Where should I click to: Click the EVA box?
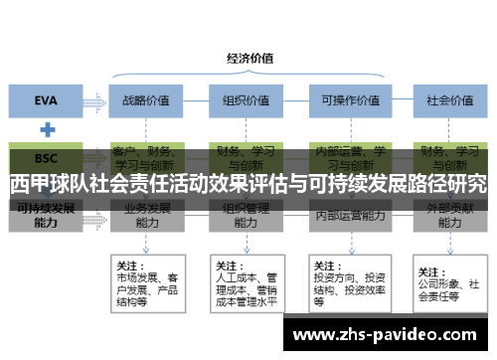point(46,100)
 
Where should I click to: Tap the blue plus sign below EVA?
point(46,129)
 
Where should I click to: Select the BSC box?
point(46,158)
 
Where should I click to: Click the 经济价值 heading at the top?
point(250,57)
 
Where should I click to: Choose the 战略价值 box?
point(146,100)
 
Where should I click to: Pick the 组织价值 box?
point(246,100)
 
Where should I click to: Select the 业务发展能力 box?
point(146,216)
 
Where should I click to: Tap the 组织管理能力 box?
point(246,216)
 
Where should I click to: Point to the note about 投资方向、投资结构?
point(348,282)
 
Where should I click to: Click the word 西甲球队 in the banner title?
point(46,185)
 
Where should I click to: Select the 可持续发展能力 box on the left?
point(46,216)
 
